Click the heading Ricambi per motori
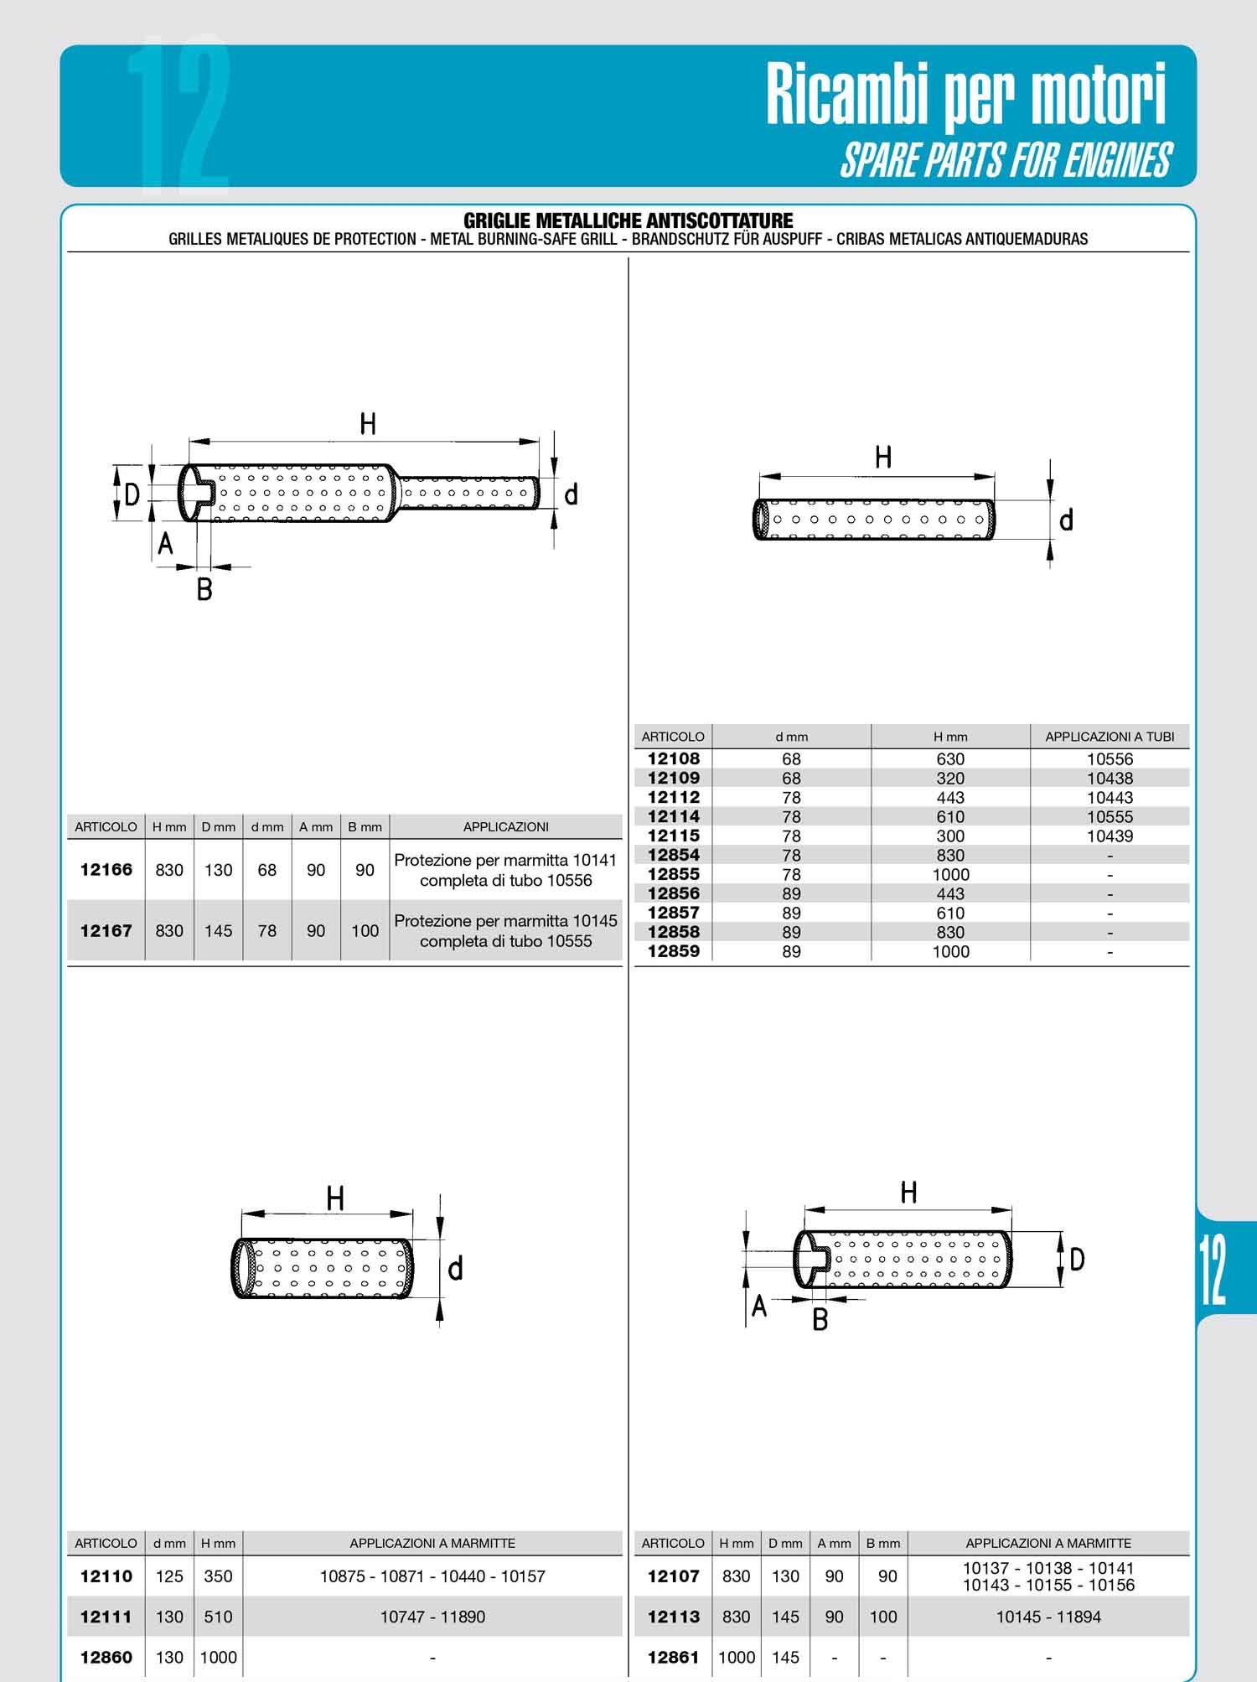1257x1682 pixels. point(966,96)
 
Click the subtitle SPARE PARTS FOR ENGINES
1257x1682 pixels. point(1006,160)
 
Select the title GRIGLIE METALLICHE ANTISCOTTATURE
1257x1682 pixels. point(628,220)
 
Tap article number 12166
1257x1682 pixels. point(106,870)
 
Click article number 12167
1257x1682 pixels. point(106,930)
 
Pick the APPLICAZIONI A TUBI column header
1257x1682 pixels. point(1110,737)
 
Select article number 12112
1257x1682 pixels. point(674,797)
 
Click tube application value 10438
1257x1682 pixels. point(1110,779)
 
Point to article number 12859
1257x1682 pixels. point(674,951)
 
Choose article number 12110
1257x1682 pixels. point(106,1576)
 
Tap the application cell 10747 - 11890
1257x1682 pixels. point(432,1617)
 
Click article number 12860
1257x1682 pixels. point(106,1657)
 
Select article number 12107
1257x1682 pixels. point(674,1576)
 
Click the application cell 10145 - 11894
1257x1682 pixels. point(1048,1617)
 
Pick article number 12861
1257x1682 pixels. point(674,1657)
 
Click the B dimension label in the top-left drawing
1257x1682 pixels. point(204,590)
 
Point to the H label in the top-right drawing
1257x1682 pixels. point(883,458)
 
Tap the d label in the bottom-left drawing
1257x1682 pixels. point(455,1269)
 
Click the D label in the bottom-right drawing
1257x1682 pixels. point(1078,1259)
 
